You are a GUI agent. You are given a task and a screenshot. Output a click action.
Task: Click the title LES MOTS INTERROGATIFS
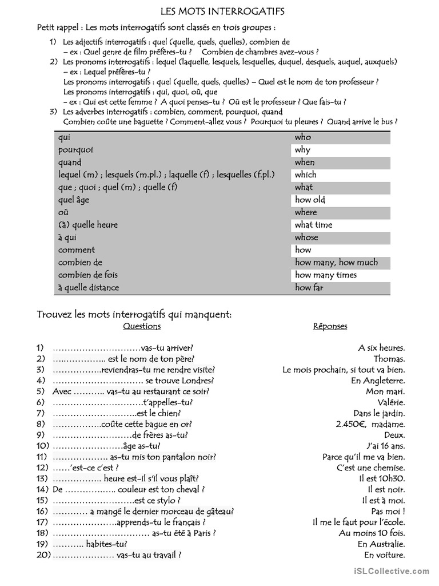tap(222, 11)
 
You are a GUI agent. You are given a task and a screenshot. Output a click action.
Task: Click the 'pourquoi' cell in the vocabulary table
tap(75, 150)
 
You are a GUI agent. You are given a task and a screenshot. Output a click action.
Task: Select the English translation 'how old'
tap(310, 200)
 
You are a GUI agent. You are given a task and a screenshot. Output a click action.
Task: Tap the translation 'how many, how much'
tap(336, 263)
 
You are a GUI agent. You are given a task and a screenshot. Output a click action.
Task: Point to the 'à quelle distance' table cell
tap(89, 288)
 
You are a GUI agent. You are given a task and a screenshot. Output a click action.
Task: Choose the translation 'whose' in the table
tap(306, 237)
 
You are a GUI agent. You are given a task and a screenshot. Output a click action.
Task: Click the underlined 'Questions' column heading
tap(142, 326)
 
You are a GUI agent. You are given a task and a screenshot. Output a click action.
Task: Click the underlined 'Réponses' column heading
tap(330, 326)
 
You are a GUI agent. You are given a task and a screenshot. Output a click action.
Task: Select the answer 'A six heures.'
tap(381, 347)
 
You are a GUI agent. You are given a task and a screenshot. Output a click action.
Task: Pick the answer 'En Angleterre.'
tap(378, 380)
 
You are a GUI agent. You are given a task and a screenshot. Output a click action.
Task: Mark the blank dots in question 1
tap(96, 347)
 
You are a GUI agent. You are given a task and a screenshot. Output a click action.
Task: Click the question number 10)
tap(43, 446)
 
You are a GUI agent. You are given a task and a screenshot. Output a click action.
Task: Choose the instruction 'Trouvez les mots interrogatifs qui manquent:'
tap(134, 314)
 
